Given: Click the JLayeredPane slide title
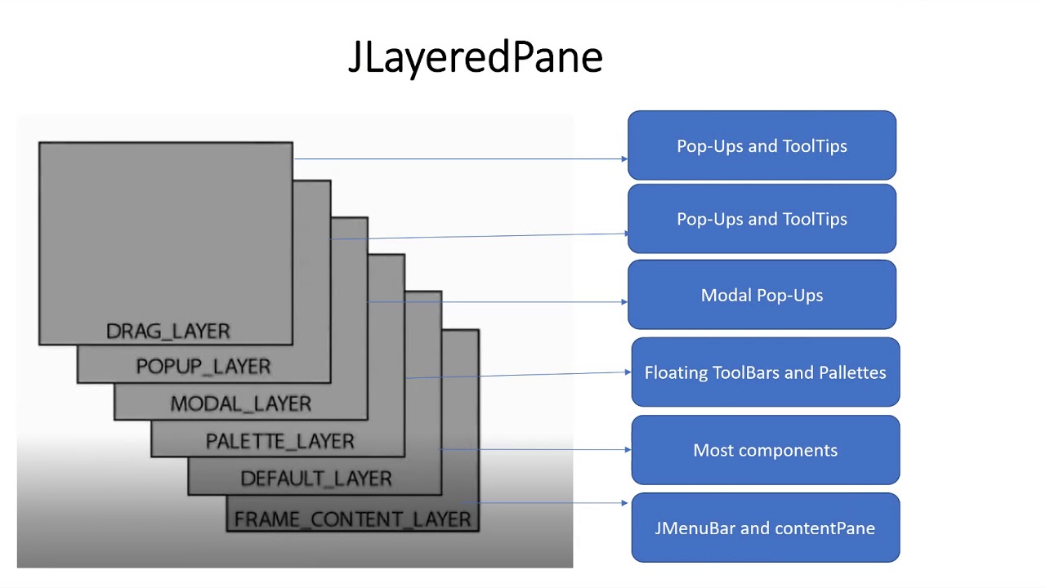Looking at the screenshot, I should pyautogui.click(x=475, y=57).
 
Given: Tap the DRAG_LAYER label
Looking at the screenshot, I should pyautogui.click(x=168, y=331).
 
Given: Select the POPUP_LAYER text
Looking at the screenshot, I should pyautogui.click(x=203, y=367).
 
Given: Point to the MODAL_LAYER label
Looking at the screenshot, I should pyautogui.click(x=240, y=403).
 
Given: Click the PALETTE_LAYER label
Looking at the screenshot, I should pyautogui.click(x=279, y=441).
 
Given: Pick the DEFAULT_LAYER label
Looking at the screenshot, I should pyautogui.click(x=316, y=479).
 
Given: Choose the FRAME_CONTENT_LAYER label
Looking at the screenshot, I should pyautogui.click(x=352, y=519).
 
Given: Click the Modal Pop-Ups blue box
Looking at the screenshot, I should pyautogui.click(x=762, y=295).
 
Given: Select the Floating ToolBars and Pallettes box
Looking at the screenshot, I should pyautogui.click(x=765, y=372).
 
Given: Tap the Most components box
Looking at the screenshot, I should pyautogui.click(x=765, y=450).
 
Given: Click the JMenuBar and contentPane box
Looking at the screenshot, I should pyautogui.click(x=765, y=528).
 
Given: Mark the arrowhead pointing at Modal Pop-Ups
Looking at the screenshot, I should pyautogui.click(x=624, y=301).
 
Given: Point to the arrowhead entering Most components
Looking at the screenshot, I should pyautogui.click(x=628, y=449).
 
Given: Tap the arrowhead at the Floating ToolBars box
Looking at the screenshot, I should pyautogui.click(x=628, y=372).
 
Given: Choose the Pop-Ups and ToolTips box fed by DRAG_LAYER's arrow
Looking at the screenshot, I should pyautogui.click(x=762, y=145).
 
